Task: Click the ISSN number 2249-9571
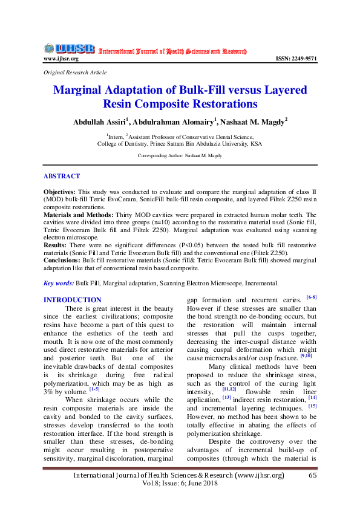coord(296,59)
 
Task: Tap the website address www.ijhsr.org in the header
coord(61,59)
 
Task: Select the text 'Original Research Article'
coord(75,73)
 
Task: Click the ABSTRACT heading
coord(61,177)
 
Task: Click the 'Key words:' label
coord(59,283)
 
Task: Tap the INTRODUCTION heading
coord(73,300)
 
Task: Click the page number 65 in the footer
coord(313,476)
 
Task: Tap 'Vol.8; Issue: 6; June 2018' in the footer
coord(179,484)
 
